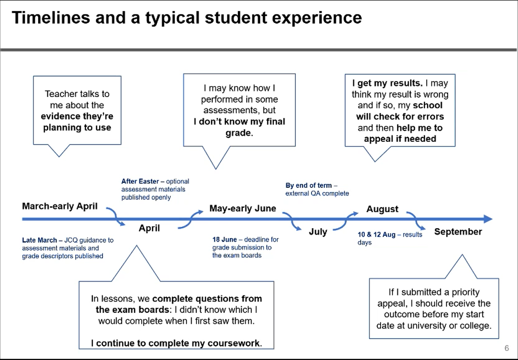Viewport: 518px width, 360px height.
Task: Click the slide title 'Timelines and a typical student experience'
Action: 186,18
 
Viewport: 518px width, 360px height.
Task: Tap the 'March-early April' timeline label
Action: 60,206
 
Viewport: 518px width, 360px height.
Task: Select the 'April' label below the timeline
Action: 149,228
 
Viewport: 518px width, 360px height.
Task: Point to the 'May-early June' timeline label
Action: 243,208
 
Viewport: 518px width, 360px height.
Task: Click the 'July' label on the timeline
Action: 318,232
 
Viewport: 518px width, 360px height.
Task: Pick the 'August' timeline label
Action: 382,209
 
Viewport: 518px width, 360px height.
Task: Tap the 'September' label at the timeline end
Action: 458,232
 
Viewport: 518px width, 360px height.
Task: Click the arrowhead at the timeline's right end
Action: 488,219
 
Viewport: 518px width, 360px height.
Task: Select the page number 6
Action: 507,348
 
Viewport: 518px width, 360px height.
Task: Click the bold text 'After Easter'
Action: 140,181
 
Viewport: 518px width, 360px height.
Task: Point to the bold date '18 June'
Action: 225,240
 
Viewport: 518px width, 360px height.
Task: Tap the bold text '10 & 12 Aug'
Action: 377,234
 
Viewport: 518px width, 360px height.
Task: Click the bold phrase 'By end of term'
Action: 309,185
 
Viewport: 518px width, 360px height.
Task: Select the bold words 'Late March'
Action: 39,240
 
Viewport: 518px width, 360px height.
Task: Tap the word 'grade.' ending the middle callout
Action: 239,133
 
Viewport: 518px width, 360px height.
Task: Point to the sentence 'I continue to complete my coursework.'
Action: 176,343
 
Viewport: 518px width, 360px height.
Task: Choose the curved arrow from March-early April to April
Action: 116,216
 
